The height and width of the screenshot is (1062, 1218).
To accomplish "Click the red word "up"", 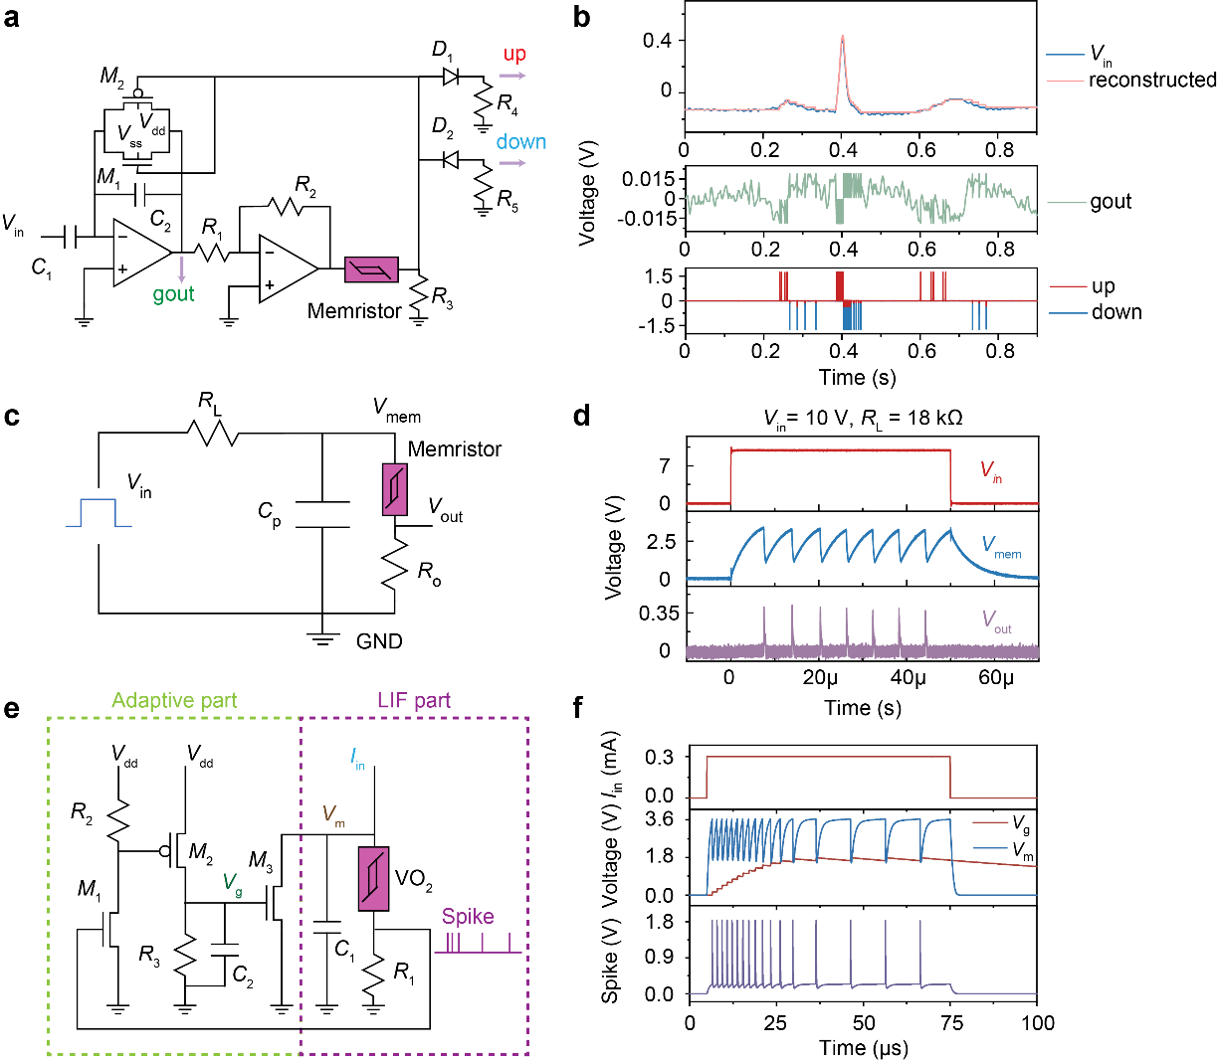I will (514, 54).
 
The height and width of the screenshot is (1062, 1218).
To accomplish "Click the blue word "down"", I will (521, 142).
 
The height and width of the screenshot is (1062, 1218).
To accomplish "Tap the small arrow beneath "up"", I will (512, 76).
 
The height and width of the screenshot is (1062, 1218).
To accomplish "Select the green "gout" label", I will (173, 294).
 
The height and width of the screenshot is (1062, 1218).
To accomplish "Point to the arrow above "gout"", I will (181, 268).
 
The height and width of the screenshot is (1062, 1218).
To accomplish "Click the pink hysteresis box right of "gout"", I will (371, 269).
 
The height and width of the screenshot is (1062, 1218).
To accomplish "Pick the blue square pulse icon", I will (99, 513).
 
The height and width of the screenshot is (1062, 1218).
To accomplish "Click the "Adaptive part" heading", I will (174, 701).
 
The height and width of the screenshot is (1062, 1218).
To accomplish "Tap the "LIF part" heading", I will (414, 701).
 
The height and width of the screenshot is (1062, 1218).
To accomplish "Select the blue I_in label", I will (358, 761).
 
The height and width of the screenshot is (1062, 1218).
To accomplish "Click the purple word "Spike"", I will (468, 917).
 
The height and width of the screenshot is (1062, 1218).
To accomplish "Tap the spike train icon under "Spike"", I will (478, 944).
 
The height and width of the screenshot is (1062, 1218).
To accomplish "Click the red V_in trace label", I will (991, 471).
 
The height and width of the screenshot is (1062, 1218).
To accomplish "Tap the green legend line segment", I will (1068, 203).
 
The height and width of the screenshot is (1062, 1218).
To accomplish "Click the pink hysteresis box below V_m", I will (373, 879).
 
